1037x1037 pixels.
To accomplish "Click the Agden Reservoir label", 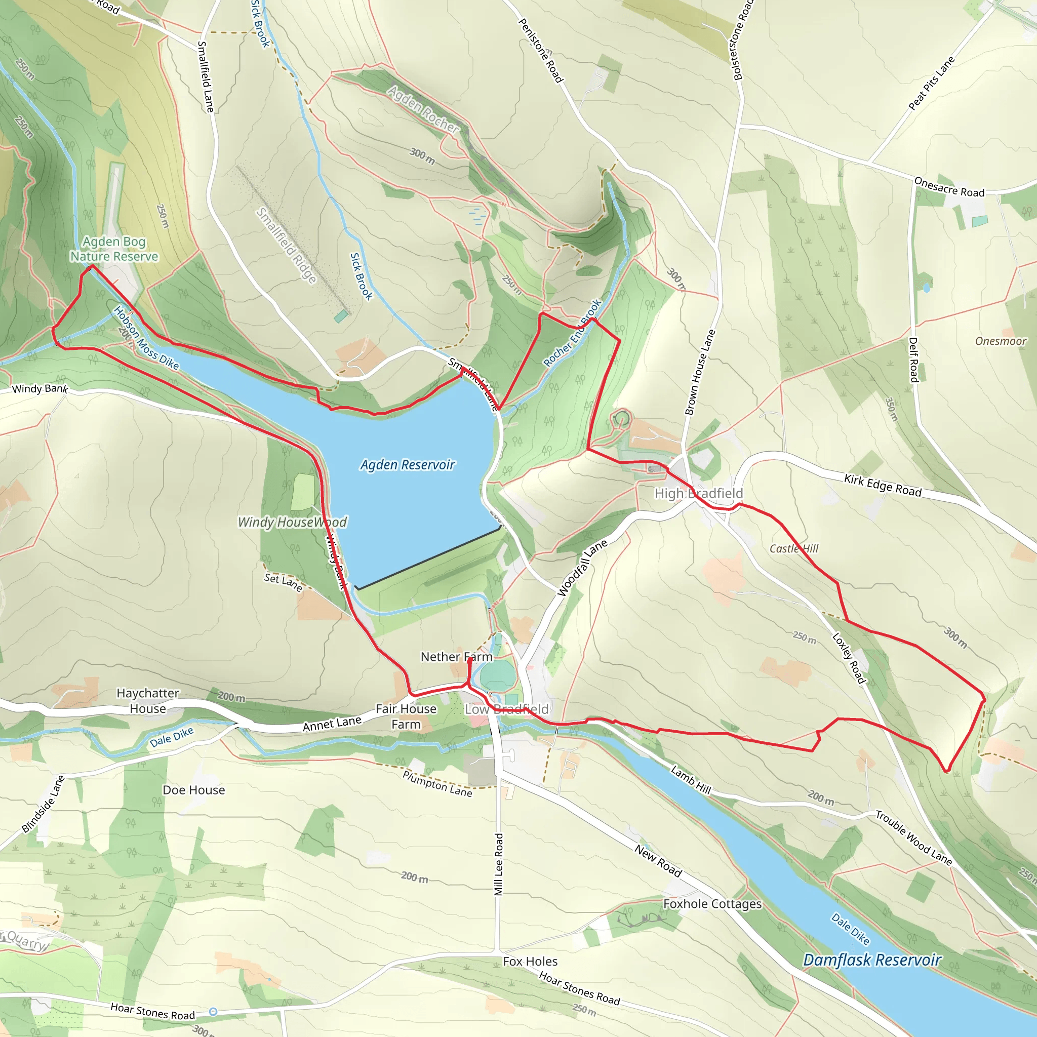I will click(x=408, y=465).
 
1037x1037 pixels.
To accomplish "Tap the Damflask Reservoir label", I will click(x=872, y=960).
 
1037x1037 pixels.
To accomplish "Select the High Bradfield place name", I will click(x=699, y=493).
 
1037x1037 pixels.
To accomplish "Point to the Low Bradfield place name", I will click(x=507, y=709).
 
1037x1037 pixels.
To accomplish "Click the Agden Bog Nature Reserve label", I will click(x=114, y=249).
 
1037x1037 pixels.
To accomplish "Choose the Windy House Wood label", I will click(x=293, y=522).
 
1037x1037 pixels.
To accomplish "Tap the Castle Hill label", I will click(x=794, y=548).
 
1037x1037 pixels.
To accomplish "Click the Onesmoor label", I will click(x=1001, y=341).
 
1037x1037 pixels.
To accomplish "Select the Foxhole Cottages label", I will click(x=712, y=904).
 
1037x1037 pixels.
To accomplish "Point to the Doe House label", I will click(x=194, y=790).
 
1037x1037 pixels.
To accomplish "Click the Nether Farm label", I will click(x=456, y=657).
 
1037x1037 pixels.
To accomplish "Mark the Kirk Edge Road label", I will click(x=883, y=485).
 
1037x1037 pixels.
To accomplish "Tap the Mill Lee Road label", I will click(x=499, y=864).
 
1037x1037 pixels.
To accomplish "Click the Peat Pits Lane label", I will click(x=931, y=83).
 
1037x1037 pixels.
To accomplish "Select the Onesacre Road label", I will click(x=949, y=187).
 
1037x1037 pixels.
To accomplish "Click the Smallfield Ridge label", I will click(x=286, y=246).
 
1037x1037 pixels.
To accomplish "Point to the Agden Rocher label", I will click(x=423, y=110).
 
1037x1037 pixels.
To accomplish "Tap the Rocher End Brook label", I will click(x=572, y=333).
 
